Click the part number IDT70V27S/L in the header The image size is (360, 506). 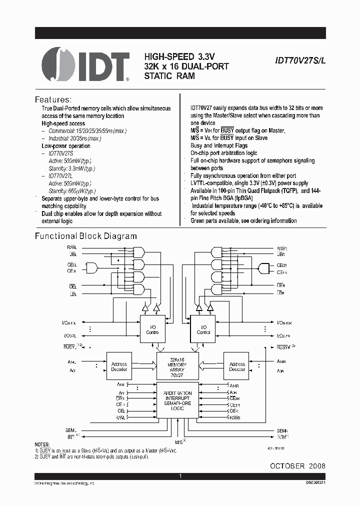coord(299,59)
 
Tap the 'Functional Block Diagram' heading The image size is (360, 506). coord(85,236)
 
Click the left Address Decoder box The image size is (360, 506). coord(119,367)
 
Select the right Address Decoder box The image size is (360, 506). coord(237,367)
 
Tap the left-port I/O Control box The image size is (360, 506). coord(152,329)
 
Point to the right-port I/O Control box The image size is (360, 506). coord(203,329)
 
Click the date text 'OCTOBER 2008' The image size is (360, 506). coord(297,465)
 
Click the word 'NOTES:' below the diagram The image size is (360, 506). coord(42,444)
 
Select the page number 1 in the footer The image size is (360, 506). coord(180,476)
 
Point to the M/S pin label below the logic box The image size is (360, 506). coord(178,441)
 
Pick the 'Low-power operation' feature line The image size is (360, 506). coord(66,145)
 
